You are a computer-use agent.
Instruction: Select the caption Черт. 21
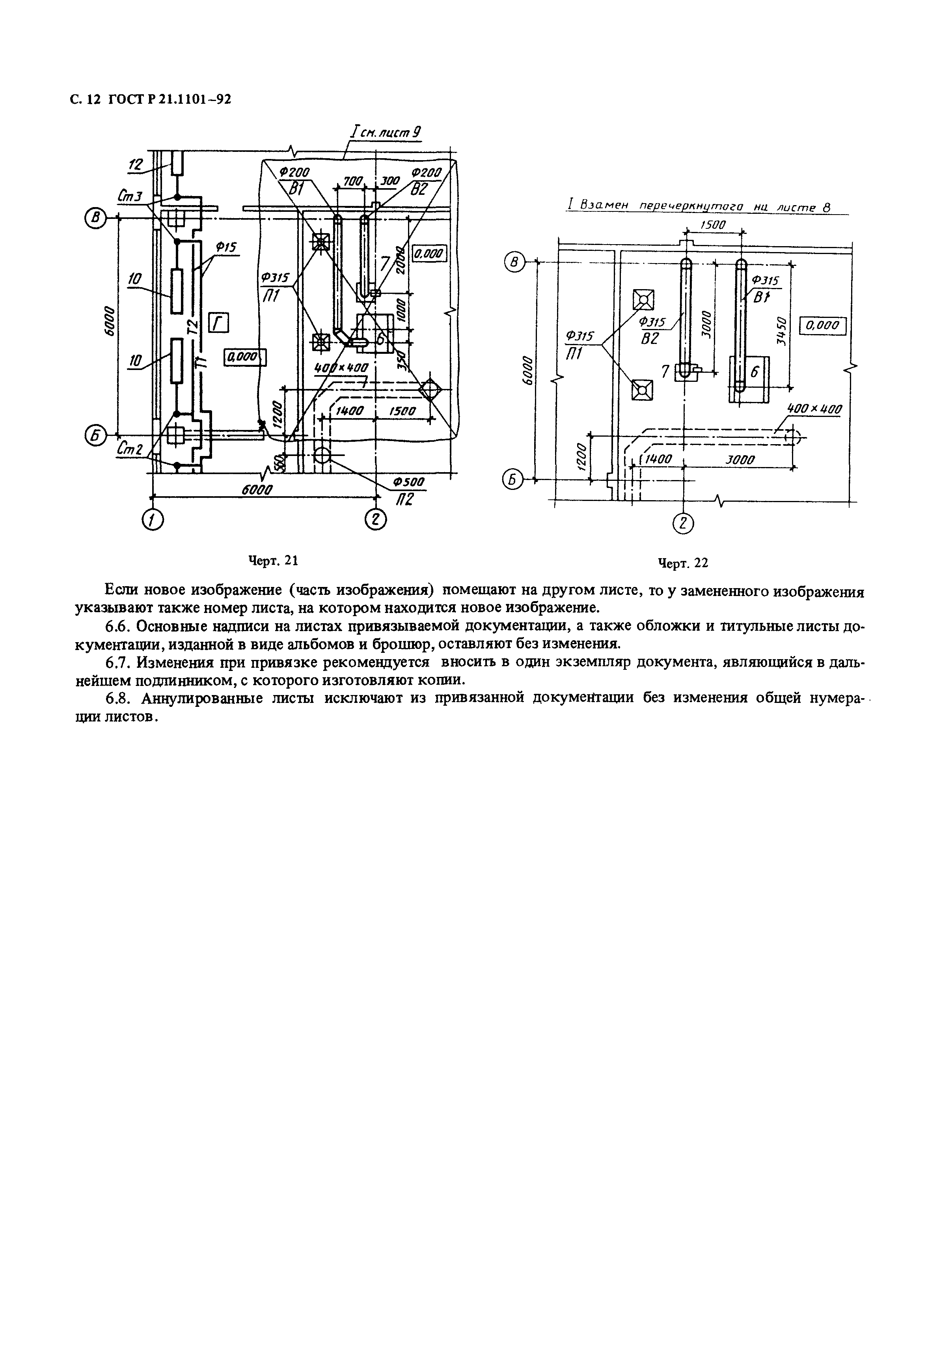click(x=274, y=561)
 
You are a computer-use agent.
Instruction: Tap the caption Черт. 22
click(x=683, y=563)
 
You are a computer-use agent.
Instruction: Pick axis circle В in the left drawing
click(x=94, y=218)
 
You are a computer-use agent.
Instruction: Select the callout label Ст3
click(x=130, y=196)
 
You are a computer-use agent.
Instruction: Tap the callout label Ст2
click(x=130, y=448)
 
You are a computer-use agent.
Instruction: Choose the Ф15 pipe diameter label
click(x=225, y=248)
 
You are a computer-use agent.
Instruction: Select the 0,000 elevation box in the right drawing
click(x=822, y=325)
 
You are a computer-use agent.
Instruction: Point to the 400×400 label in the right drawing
click(x=814, y=409)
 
